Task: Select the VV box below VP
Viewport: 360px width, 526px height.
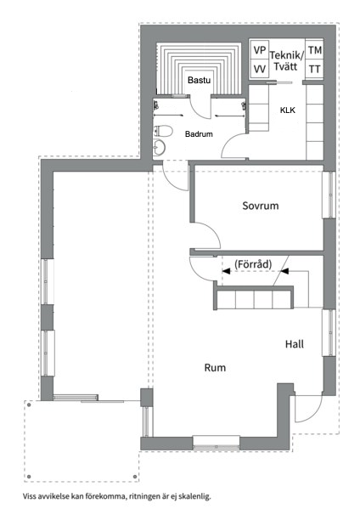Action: (260, 69)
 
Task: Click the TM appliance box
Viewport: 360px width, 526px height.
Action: (314, 51)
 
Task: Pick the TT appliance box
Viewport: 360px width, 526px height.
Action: (314, 69)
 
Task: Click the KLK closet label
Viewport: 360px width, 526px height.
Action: (287, 110)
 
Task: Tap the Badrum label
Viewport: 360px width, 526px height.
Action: (199, 133)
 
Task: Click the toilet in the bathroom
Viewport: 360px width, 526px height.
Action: (163, 131)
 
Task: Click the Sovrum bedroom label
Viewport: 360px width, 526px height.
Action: (260, 206)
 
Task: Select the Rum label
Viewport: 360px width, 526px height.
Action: (213, 368)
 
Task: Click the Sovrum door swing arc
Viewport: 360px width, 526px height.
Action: (205, 235)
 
